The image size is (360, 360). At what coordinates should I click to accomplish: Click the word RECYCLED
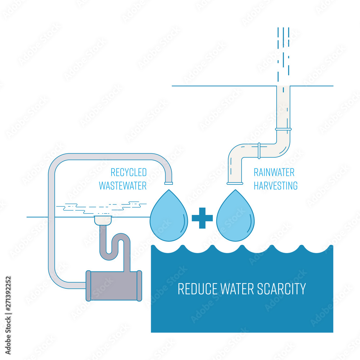click(128, 172)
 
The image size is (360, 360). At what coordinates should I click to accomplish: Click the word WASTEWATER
click(122, 186)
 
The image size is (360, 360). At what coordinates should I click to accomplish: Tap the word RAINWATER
click(274, 172)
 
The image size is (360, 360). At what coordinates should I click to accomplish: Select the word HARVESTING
click(275, 186)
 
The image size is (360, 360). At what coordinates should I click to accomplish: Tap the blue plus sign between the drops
click(202, 218)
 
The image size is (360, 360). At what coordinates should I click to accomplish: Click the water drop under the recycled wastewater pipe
click(169, 218)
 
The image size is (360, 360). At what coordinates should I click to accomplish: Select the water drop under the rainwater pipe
click(235, 218)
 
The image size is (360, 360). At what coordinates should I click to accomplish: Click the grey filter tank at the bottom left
click(113, 285)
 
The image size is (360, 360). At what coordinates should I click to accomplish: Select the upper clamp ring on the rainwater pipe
click(283, 129)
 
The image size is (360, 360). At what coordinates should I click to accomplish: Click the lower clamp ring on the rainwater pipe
click(258, 150)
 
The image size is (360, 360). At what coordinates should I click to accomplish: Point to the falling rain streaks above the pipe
click(283, 54)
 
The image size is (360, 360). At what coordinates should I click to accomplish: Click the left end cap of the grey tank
click(88, 285)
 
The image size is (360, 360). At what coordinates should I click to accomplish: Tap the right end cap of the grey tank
click(139, 285)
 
